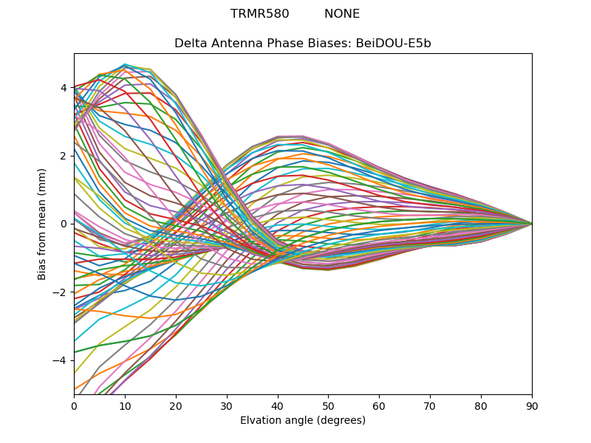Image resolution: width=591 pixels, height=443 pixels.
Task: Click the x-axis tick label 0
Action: point(74,405)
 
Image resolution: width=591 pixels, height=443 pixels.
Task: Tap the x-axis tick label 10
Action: point(125,405)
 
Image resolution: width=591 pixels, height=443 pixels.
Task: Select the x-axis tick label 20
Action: point(176,405)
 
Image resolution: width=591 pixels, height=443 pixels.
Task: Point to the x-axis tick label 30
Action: point(227,405)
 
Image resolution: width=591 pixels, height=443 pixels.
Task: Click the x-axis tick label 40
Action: point(278,405)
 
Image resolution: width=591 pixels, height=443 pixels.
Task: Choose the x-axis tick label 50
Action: point(328,405)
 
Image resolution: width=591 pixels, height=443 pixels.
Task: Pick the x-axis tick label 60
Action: point(379,405)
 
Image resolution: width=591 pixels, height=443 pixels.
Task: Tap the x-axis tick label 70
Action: point(430,405)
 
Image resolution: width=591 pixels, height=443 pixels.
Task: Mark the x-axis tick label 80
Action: point(481,405)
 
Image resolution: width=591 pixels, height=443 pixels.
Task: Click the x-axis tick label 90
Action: point(532,405)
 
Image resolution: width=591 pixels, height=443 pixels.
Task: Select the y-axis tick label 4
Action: point(64,88)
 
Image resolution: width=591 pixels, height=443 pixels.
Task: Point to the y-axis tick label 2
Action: point(64,156)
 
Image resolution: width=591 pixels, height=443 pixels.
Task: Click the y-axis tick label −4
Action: point(61,360)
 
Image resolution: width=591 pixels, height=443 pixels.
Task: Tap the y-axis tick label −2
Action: point(61,292)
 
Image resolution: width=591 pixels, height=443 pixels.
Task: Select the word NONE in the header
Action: point(342,14)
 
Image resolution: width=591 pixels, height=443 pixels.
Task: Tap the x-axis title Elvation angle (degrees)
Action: point(303,421)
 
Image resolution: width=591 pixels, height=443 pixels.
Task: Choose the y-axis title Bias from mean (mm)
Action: point(43,223)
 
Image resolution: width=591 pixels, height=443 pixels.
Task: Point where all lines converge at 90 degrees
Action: point(532,224)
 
